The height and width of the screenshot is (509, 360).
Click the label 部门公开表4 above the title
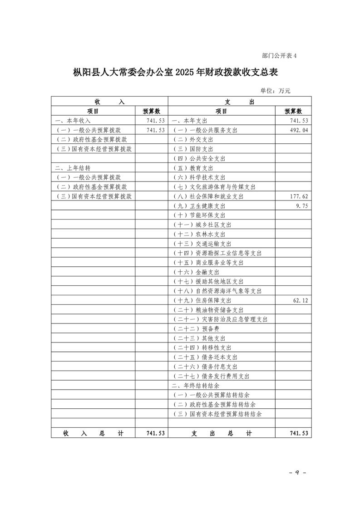(x=279, y=56)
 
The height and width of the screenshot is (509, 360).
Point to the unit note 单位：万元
(x=275, y=91)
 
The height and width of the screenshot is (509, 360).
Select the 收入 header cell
(x=109, y=102)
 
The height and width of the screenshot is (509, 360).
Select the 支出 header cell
(x=240, y=102)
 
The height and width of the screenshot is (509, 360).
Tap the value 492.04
(x=299, y=130)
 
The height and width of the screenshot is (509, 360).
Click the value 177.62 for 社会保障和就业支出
(x=299, y=196)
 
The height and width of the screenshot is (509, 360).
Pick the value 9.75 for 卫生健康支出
(x=302, y=206)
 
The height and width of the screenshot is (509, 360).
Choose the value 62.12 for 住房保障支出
(x=300, y=300)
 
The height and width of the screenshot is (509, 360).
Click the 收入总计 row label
(x=93, y=433)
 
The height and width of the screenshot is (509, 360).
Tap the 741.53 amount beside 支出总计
(x=299, y=433)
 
